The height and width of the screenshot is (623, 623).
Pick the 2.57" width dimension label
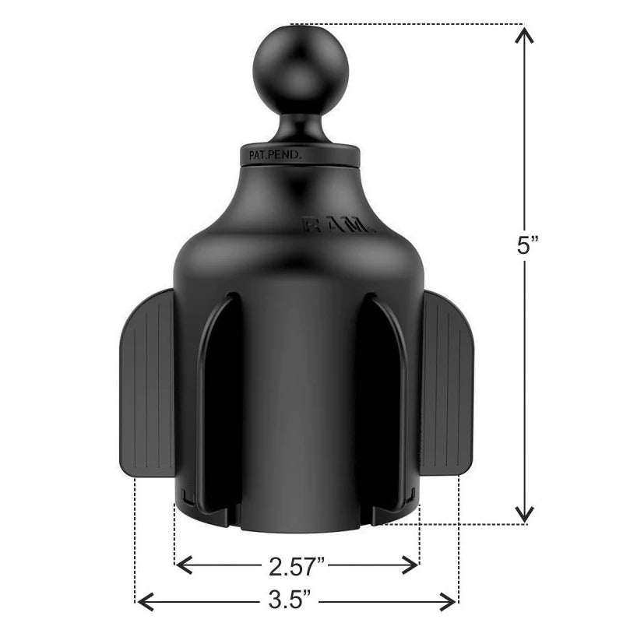click(x=297, y=564)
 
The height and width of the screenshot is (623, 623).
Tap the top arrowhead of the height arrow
click(x=525, y=35)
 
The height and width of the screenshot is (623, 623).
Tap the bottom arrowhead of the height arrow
click(x=525, y=514)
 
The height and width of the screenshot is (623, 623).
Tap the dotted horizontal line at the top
click(x=405, y=24)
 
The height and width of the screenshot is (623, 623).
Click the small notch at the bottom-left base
click(x=185, y=495)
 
